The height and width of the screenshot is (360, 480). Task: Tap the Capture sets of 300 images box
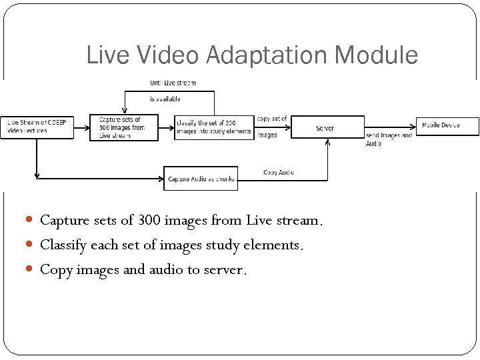coord(124,127)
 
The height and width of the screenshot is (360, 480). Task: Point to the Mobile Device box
coord(448,125)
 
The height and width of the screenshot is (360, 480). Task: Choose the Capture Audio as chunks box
coord(201,179)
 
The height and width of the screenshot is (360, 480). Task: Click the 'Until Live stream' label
coord(173,83)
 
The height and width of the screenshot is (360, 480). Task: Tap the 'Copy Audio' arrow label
coord(279,172)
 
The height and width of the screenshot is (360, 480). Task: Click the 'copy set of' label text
coord(272,119)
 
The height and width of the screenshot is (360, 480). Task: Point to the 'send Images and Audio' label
coord(389,139)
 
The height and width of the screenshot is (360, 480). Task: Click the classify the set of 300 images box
coord(214,127)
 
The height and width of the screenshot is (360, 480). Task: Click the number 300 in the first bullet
coord(149,219)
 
